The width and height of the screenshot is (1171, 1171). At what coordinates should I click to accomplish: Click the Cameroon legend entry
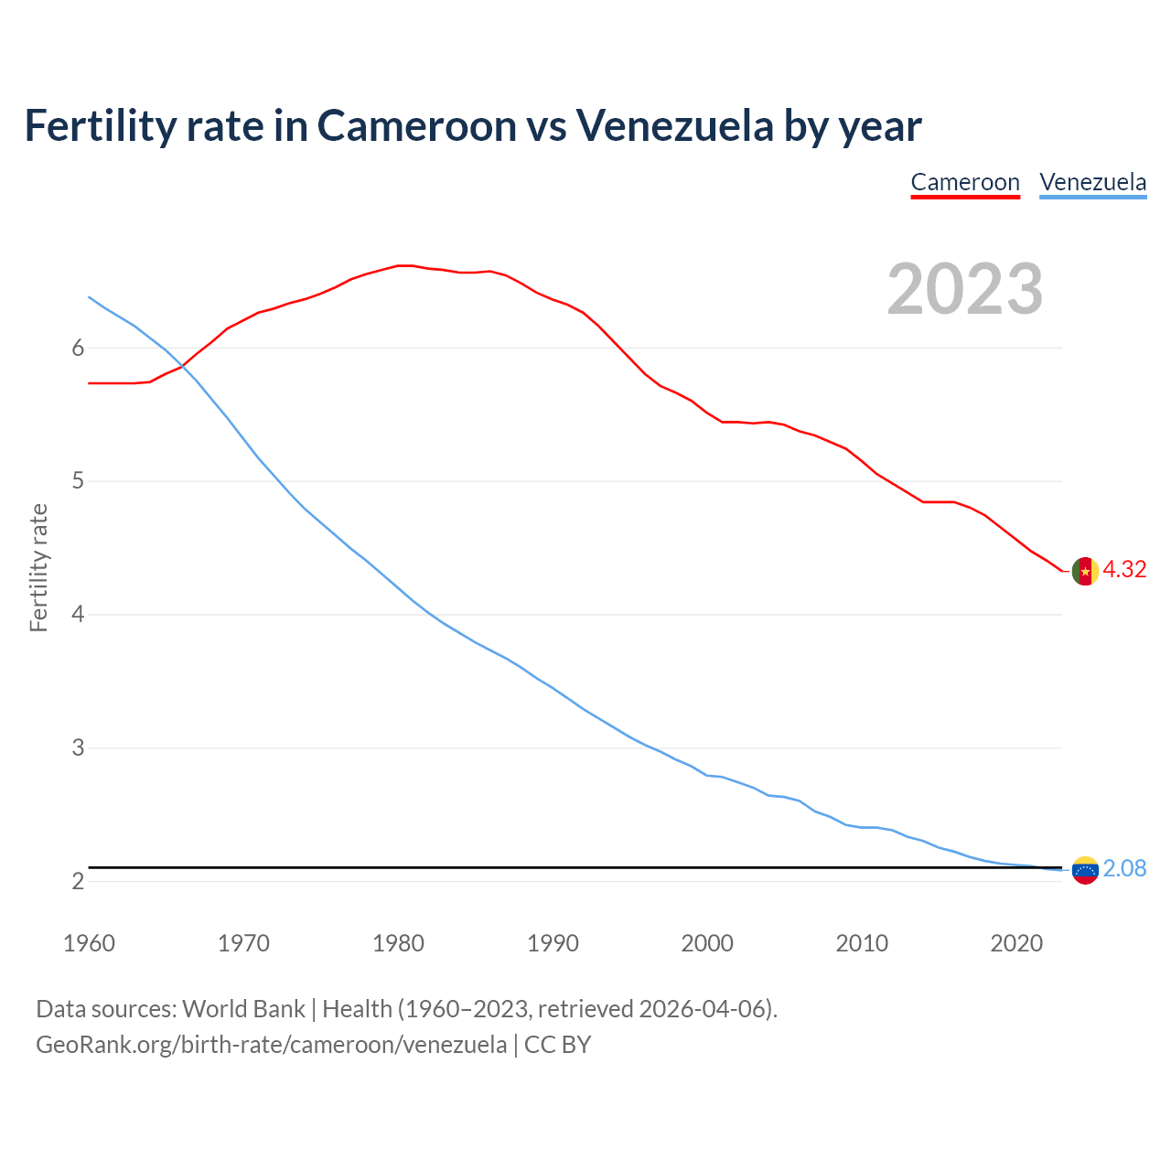[x=965, y=182]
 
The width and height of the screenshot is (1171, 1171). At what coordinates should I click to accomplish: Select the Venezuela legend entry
[x=1092, y=182]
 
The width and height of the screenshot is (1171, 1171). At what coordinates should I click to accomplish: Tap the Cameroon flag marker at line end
[x=1085, y=571]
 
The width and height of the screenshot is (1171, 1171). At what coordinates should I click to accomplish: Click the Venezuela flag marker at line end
[x=1085, y=870]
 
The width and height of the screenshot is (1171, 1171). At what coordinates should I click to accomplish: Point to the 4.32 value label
[x=1124, y=569]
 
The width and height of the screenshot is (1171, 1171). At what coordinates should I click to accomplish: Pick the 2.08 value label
[x=1124, y=868]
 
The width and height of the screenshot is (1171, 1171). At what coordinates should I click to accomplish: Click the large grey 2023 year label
[x=965, y=289]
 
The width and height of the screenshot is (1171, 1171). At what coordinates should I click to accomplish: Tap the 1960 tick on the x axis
[x=89, y=943]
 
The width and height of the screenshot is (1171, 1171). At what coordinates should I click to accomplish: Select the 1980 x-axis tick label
[x=398, y=943]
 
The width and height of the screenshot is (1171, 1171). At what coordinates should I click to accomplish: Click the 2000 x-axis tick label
[x=707, y=943]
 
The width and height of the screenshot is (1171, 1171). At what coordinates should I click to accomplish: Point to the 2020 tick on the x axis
[x=1016, y=943]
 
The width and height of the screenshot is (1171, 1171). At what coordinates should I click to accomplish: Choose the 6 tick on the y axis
[x=78, y=348]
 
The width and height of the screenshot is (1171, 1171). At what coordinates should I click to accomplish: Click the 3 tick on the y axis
[x=78, y=747]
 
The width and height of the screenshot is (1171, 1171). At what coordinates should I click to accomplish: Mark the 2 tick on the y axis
[x=78, y=881]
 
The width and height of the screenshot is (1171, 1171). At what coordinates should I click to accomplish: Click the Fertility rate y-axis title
[x=38, y=567]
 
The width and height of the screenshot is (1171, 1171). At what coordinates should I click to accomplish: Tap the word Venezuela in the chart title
[x=674, y=125]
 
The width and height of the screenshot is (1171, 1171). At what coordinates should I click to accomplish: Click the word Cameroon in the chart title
[x=416, y=125]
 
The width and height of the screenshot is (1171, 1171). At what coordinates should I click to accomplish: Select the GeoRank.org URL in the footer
[x=271, y=1044]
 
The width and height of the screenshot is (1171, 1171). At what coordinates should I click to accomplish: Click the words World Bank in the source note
[x=243, y=1008]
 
